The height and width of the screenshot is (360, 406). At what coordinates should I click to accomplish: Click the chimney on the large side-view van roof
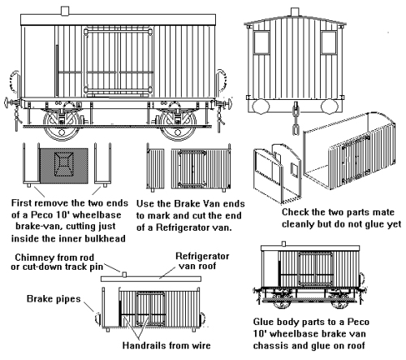(65, 11)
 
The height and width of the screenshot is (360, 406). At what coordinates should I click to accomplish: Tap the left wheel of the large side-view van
(62, 125)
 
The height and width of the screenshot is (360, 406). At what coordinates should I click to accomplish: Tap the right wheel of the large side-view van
(178, 125)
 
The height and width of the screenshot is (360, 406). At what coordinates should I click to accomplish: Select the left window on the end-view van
(261, 42)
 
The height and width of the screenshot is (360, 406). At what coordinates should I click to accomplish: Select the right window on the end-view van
(329, 42)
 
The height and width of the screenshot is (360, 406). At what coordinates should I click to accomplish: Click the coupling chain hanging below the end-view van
(295, 119)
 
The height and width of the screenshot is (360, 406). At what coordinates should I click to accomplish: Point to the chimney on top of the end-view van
(295, 11)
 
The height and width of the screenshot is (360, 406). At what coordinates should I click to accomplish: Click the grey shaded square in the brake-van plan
(64, 166)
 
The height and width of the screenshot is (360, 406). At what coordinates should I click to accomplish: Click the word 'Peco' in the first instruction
(41, 215)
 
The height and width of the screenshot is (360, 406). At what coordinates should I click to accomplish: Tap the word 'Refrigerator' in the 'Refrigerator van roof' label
(202, 256)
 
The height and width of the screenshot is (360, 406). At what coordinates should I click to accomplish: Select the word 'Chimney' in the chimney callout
(32, 257)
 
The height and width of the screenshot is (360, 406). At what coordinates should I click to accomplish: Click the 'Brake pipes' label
(54, 299)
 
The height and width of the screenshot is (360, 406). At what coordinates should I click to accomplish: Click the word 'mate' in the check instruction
(383, 212)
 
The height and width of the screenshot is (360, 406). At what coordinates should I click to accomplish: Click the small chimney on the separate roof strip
(124, 275)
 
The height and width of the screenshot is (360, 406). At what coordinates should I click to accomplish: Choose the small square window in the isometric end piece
(295, 170)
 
